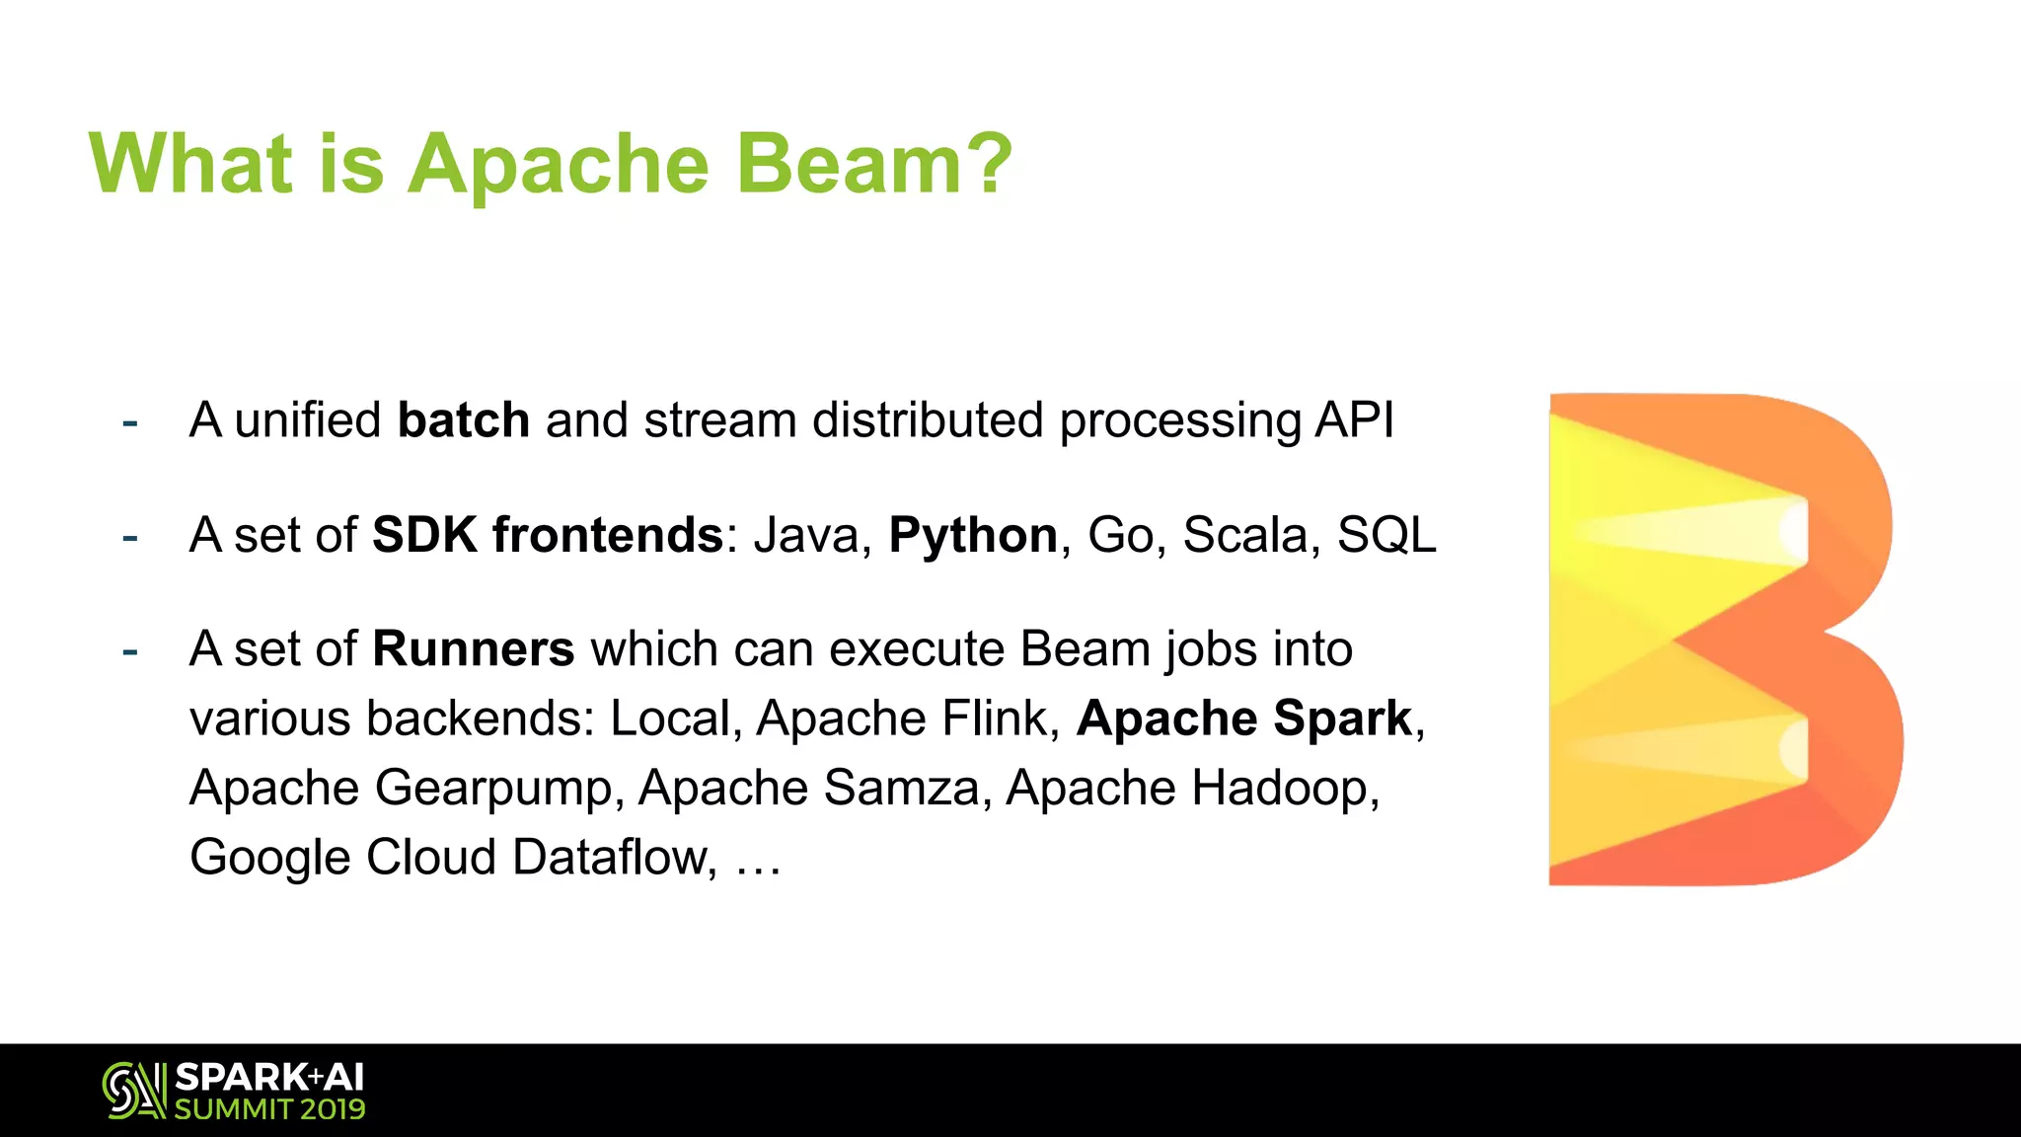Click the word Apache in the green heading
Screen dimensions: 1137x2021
[558, 165]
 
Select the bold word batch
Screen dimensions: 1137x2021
[463, 419]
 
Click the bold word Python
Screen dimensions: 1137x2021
[973, 536]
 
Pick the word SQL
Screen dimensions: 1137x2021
[1386, 535]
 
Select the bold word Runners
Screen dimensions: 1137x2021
[473, 649]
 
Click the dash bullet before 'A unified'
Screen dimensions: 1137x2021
[129, 422]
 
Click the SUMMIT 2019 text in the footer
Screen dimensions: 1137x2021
[269, 1109]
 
